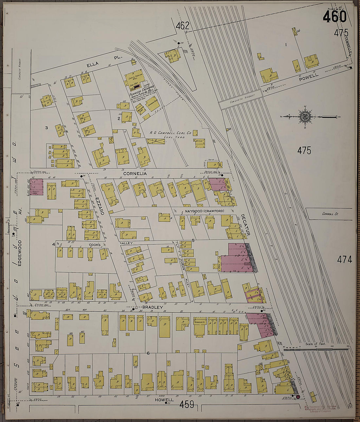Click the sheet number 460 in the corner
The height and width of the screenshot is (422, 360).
[x=334, y=17]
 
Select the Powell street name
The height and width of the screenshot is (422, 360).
[x=308, y=76]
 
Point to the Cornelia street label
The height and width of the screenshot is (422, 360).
[x=135, y=173]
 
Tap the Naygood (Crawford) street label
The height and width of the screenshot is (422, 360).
[x=204, y=211]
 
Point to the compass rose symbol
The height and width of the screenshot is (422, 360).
[x=306, y=116]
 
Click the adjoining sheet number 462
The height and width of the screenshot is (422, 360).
[x=182, y=26]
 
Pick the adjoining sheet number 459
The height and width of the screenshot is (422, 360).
[x=187, y=405]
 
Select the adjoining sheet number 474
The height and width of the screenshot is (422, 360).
[x=345, y=259]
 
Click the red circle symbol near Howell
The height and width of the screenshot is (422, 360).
[x=298, y=397]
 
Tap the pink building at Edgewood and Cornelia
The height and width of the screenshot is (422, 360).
[x=36, y=187]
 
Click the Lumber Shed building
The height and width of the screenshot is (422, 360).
[x=153, y=103]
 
